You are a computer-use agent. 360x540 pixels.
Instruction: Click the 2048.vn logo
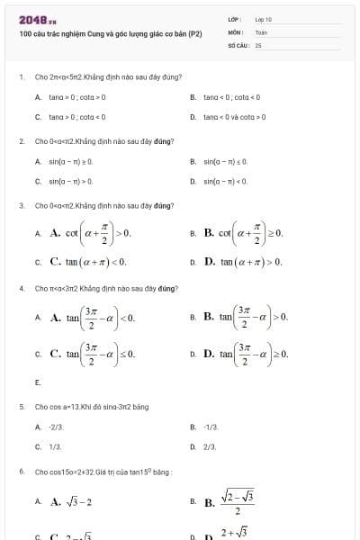(x=37, y=19)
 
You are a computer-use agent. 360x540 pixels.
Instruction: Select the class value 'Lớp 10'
(x=263, y=19)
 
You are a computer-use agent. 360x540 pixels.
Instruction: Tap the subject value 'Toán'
(x=261, y=31)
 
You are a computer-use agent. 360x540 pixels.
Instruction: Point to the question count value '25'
(x=258, y=44)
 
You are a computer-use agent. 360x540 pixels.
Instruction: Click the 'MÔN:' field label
(x=236, y=31)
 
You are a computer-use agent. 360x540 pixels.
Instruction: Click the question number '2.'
(x=22, y=141)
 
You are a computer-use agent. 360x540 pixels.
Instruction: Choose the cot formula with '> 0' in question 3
(x=91, y=233)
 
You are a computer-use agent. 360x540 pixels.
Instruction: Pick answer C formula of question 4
(x=93, y=354)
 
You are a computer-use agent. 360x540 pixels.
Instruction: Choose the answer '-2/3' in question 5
(x=57, y=427)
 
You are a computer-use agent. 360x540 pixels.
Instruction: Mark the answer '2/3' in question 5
(x=211, y=445)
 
